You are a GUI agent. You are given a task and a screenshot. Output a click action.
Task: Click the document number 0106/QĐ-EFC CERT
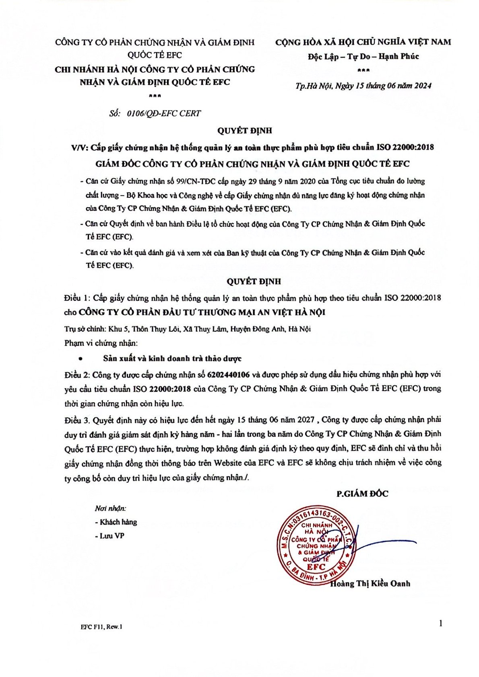click(163, 113)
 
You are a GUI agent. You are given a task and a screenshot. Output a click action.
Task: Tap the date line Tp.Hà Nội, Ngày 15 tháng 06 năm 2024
click(363, 86)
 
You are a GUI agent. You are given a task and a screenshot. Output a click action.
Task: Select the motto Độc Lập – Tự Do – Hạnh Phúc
click(363, 56)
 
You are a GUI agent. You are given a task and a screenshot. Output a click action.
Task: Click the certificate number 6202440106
click(228, 375)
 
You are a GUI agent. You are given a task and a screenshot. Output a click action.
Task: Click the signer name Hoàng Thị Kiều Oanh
click(370, 583)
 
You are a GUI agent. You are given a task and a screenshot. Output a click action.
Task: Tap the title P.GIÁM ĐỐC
click(362, 494)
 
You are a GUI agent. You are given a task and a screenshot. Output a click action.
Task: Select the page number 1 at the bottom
click(441, 624)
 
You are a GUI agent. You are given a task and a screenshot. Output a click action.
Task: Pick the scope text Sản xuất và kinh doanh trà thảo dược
click(172, 359)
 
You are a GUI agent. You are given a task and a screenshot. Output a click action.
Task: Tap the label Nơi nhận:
click(110, 509)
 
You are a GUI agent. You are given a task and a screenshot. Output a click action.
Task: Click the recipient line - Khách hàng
click(116, 522)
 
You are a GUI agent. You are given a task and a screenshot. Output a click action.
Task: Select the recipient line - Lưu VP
click(109, 536)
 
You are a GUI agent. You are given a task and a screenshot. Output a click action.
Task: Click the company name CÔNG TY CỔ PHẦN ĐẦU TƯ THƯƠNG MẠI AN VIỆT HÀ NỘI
click(202, 312)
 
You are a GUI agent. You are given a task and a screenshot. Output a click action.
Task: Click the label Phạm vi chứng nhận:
click(101, 343)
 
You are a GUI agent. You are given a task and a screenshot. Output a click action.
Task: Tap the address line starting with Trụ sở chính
click(187, 329)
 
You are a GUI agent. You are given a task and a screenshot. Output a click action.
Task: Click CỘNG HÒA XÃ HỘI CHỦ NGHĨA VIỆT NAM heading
click(363, 42)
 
